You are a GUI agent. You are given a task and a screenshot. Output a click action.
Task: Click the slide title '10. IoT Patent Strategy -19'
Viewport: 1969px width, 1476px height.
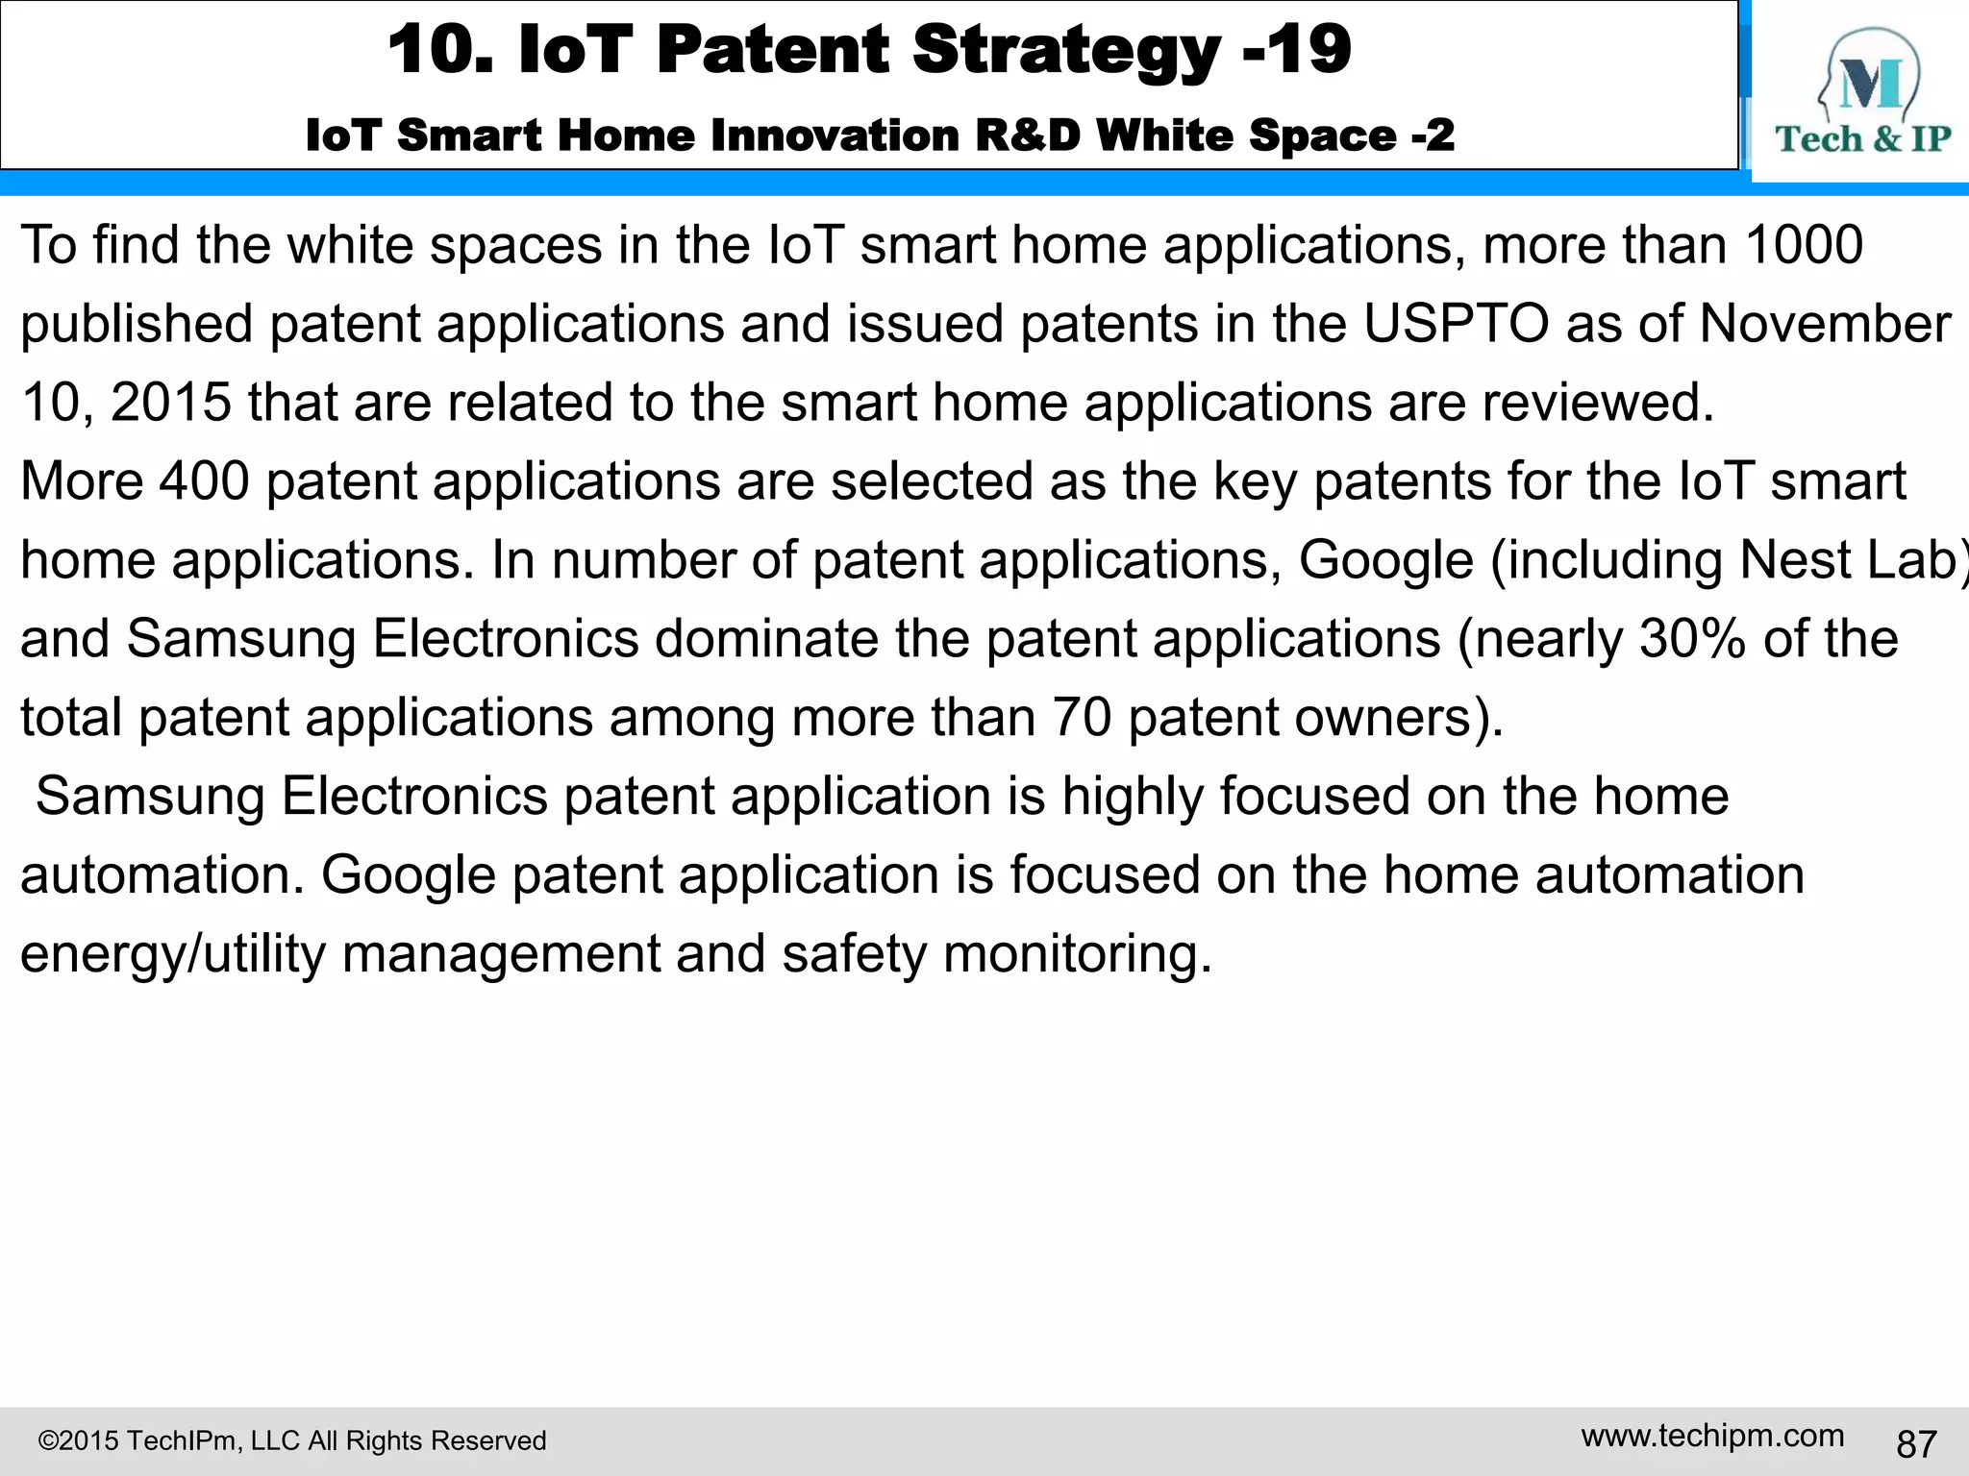[869, 50]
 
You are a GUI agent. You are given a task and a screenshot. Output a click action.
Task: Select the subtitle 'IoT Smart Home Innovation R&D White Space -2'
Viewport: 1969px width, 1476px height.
[880, 135]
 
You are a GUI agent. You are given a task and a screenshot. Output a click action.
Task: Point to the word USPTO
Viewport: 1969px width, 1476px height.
[1456, 324]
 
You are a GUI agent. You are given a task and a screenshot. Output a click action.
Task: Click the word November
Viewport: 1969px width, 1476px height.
[1825, 324]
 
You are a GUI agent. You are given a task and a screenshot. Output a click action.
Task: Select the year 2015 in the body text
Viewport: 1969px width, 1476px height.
[171, 403]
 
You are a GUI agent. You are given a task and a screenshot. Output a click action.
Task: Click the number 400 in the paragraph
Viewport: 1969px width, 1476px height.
[204, 481]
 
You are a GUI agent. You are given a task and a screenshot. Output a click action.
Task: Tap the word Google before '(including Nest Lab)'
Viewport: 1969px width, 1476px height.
[1385, 560]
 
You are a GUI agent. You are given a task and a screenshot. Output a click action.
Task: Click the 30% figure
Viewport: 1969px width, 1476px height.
[1692, 639]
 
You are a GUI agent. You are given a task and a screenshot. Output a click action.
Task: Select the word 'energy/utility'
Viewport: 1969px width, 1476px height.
[173, 954]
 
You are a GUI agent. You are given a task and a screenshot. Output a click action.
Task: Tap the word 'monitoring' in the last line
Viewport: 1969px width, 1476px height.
[1077, 954]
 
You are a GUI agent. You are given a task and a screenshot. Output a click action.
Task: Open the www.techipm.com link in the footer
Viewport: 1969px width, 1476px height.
[1712, 1436]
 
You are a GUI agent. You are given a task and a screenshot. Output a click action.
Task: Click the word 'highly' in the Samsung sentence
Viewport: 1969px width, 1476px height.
[1133, 797]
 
